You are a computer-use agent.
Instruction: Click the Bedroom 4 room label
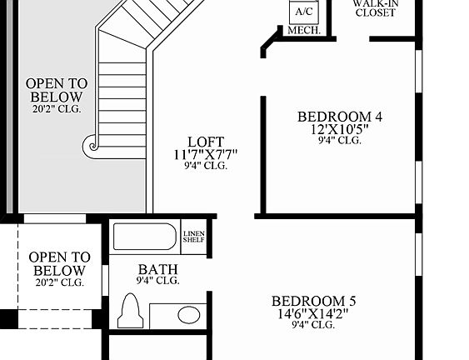339,117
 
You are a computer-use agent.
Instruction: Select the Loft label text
205,142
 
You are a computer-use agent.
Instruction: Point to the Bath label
157,269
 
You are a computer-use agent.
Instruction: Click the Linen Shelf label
193,237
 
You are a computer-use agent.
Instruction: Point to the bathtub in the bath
145,237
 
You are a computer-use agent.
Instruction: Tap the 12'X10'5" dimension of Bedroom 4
339,129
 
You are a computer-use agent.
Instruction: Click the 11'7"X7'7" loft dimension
205,154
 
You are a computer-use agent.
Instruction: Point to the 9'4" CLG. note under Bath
157,281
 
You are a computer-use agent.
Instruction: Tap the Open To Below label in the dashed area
59,264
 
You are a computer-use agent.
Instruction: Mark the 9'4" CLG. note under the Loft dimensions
205,166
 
